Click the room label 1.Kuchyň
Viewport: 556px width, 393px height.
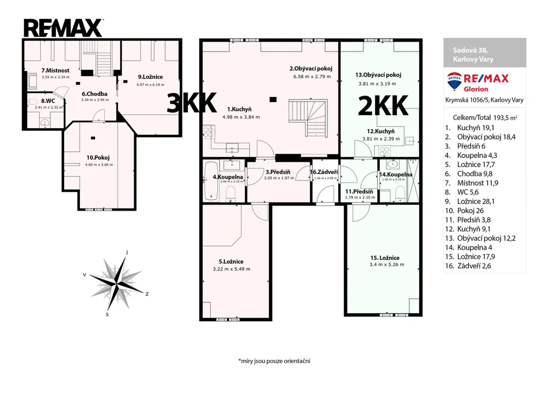coord(239,109)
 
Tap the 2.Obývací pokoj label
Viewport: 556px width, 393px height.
coord(311,69)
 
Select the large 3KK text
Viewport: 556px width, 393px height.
coord(192,103)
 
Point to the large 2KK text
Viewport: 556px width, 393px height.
coord(383,106)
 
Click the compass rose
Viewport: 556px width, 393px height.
coord(116,283)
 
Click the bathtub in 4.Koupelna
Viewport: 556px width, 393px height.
coord(211,181)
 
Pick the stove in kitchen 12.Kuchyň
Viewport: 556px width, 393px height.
coord(384,151)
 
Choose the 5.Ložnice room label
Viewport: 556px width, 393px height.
coord(231,262)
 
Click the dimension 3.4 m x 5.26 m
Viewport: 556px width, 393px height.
coord(387,264)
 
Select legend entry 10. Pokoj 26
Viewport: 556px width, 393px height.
coord(465,211)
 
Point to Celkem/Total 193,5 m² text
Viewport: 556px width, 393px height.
coord(485,118)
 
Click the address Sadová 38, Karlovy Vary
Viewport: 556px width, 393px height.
coord(473,55)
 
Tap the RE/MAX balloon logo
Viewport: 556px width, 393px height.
coord(454,81)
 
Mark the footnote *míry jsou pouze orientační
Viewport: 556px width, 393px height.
coord(274,361)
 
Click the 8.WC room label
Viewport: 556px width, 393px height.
coord(48,100)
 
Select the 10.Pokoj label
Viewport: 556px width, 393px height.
coord(98,158)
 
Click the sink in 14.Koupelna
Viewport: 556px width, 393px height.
coord(393,164)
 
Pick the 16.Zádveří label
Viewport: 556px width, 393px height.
coord(324,172)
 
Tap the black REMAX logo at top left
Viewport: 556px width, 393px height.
coord(64,28)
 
